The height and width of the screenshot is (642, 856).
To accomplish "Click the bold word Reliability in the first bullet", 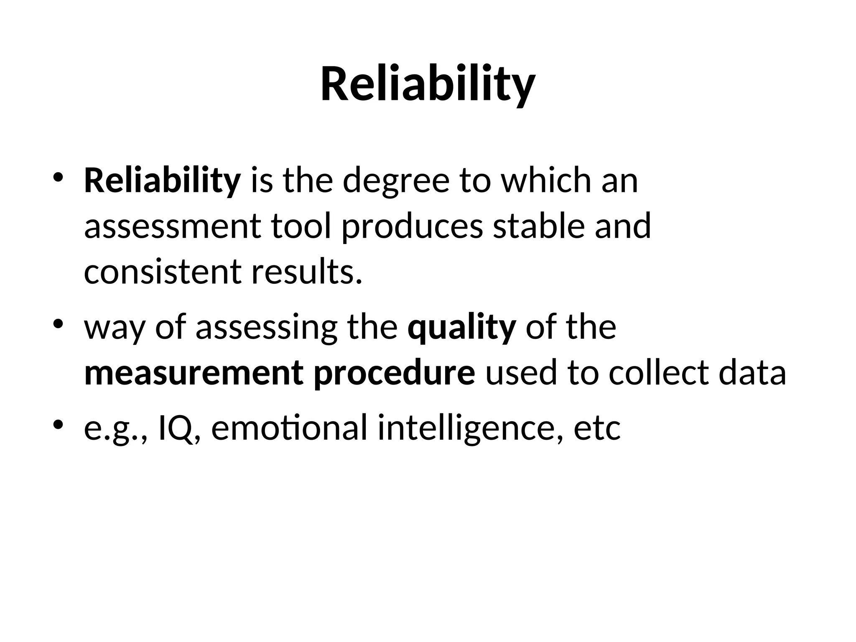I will pos(162,181).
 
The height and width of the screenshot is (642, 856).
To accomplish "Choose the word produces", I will pos(412,226).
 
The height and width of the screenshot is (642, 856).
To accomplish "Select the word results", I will pos(306,271).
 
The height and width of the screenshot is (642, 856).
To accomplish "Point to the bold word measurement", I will pos(194,373).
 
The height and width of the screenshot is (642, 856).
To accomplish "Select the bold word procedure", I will pos(394,373).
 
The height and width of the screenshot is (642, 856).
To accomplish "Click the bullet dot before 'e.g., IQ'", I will pos(58,425).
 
